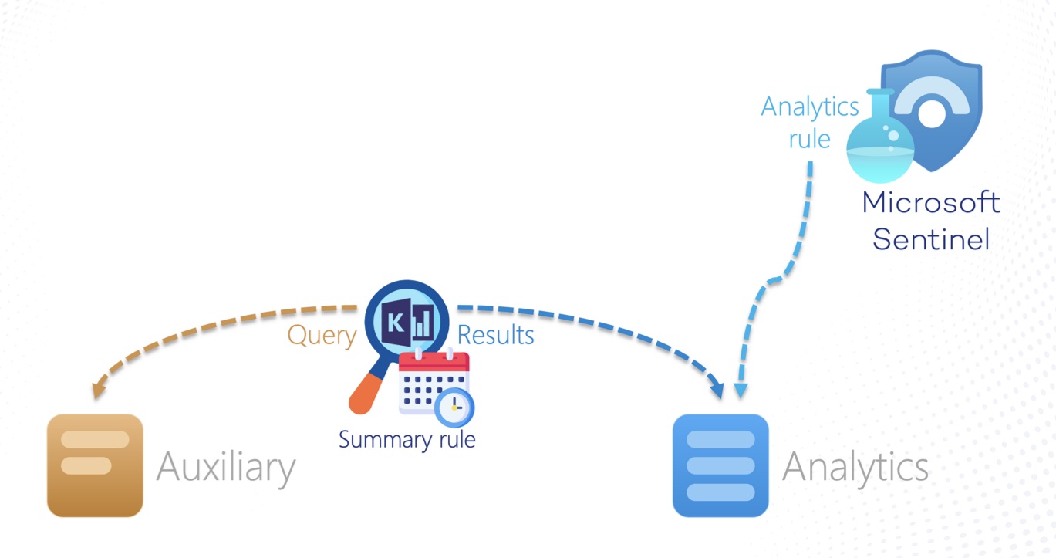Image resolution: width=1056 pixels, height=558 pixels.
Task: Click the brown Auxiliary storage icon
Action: [x=95, y=465]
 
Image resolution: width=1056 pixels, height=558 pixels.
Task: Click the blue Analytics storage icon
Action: [x=720, y=465]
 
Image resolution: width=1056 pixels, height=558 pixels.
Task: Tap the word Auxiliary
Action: [x=226, y=467]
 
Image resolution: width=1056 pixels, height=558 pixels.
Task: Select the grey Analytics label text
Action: [x=855, y=467]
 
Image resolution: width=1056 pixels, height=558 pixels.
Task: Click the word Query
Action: [x=322, y=336]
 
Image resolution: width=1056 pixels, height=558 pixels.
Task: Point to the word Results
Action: [x=496, y=336]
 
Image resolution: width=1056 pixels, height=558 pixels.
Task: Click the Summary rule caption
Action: [x=407, y=440]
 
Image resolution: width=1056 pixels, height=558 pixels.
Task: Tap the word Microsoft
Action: [x=931, y=203]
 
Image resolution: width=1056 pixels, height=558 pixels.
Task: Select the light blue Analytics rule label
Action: [x=810, y=122]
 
